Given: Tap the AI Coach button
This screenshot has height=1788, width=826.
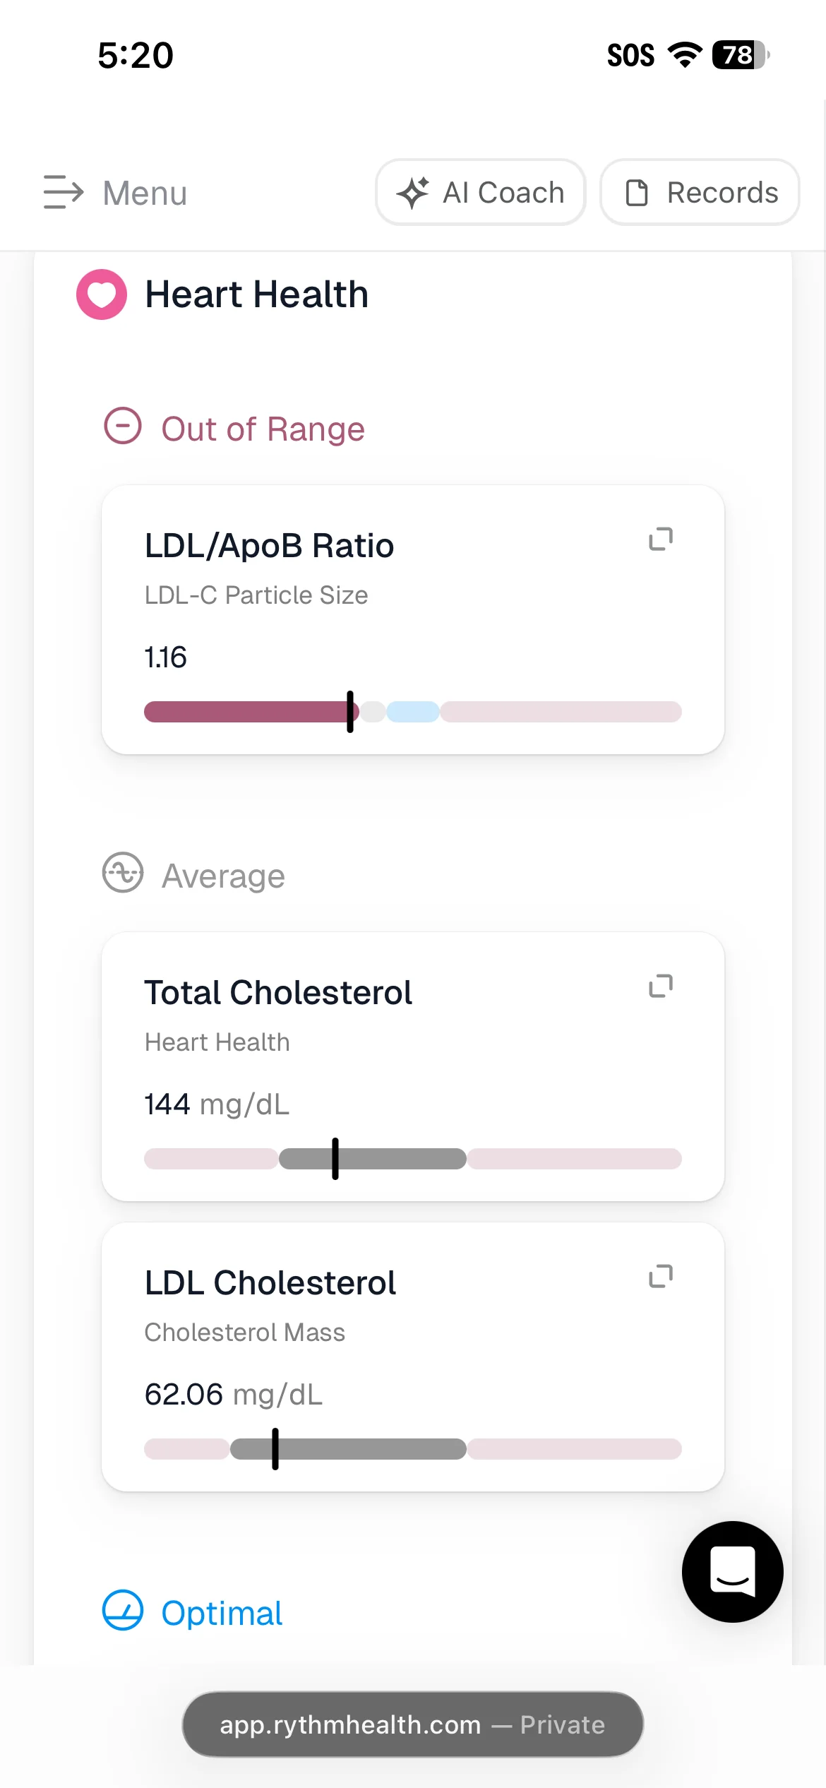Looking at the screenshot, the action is tap(481, 192).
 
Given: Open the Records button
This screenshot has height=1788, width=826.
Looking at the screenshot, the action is tap(700, 192).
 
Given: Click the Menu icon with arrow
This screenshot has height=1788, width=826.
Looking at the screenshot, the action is tap(64, 192).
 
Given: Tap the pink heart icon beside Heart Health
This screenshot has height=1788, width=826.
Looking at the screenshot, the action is tap(102, 294).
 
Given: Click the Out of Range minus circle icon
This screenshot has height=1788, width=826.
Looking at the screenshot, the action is tap(123, 426).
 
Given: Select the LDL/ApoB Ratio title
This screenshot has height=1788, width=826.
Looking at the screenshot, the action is tap(269, 546).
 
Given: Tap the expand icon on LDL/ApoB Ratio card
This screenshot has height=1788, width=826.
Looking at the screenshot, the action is tap(661, 539).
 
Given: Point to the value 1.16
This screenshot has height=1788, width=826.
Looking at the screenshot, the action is tap(165, 657).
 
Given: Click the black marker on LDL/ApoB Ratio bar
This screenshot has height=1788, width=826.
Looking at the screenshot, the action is tap(350, 712).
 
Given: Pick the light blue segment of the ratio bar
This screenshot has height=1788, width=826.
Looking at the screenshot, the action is tap(413, 712).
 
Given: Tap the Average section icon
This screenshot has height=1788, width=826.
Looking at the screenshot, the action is tap(123, 873).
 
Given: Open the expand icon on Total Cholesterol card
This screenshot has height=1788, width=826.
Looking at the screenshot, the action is tap(661, 986).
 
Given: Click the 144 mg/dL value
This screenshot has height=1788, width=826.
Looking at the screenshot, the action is tap(217, 1104).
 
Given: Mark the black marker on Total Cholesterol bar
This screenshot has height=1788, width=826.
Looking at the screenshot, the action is tap(335, 1159).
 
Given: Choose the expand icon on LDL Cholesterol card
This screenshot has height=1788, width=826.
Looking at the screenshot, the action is tap(661, 1276).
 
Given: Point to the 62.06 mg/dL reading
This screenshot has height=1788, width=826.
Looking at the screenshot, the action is tap(234, 1395).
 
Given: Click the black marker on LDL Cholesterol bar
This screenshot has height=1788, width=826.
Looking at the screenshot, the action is tap(275, 1449).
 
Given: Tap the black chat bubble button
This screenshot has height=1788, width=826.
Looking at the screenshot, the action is tap(733, 1572).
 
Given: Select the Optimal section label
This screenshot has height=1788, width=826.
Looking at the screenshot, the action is tap(222, 1614).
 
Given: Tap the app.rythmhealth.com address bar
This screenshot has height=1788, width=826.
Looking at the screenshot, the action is tap(413, 1724).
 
